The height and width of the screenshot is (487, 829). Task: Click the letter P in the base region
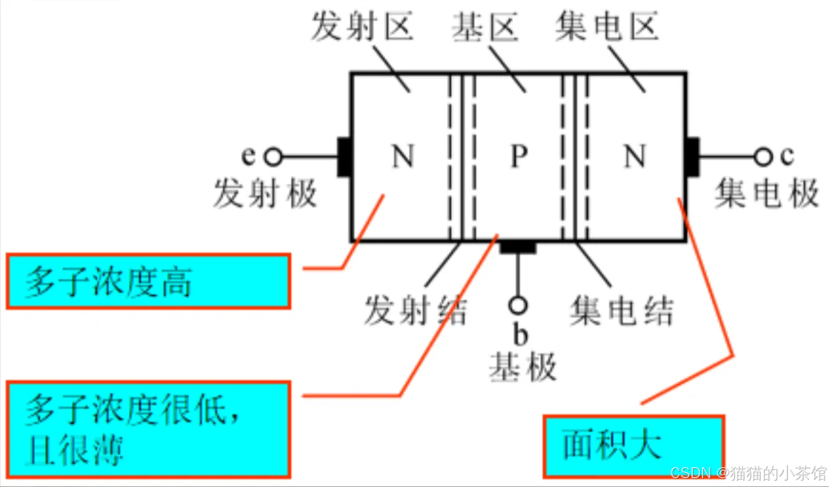pos(518,156)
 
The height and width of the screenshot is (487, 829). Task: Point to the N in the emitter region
pos(403,156)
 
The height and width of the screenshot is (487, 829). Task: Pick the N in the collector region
pos(635,156)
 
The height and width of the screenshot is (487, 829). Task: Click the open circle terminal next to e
pos(272,157)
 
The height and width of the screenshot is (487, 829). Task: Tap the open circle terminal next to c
pos(763,157)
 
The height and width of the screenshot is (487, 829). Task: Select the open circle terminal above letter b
pos(517,305)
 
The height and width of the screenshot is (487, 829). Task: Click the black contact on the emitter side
pos(344,156)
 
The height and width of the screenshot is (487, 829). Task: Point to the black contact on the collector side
pos(693,156)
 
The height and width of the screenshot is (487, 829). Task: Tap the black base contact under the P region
pos(517,247)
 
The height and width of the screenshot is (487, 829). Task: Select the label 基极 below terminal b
pos(522,367)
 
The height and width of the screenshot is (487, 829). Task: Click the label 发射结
pos(415,310)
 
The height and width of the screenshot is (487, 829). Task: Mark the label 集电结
pos(621,310)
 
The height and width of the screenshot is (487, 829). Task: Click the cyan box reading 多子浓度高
pos(148,281)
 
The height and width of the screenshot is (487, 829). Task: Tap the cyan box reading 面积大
pos(634,445)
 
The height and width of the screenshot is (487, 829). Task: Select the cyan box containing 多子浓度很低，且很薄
pos(148,429)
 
